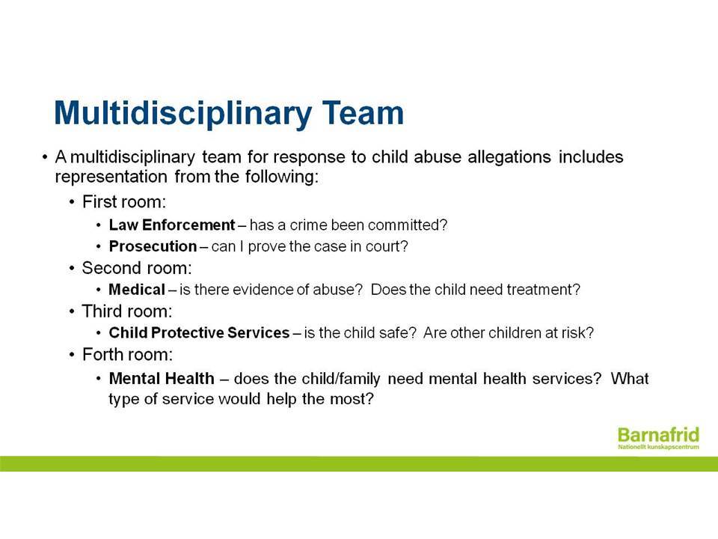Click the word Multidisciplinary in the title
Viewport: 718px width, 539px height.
coord(183,114)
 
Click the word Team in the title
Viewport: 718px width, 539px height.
coord(363,112)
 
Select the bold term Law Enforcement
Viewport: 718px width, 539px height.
coord(172,225)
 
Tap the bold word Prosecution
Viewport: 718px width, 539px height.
coord(153,246)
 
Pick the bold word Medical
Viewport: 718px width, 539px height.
coord(137,289)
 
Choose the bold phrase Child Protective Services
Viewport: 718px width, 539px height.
coord(199,332)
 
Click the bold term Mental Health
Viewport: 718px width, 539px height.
coord(162,378)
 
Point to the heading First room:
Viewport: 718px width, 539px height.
coord(124,201)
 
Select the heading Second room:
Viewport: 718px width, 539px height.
coord(137,268)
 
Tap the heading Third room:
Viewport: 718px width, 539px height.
coord(127,311)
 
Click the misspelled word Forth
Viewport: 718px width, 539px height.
coord(103,354)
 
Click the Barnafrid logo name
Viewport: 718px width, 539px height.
coord(658,434)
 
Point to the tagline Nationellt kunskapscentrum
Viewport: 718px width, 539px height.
coord(658,447)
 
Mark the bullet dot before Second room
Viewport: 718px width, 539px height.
coord(72,268)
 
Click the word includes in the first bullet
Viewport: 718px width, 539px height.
coord(591,156)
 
